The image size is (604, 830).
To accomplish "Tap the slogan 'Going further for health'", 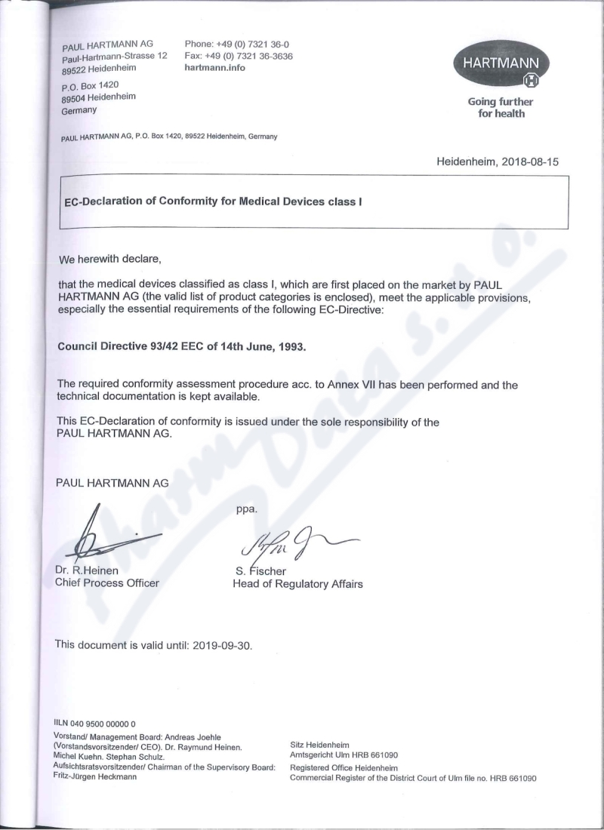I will click(500, 108).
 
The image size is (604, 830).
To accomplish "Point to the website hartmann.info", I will click(214, 68).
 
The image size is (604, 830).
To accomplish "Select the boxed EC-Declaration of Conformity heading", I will click(215, 201).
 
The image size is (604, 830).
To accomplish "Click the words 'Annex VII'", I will click(348, 385).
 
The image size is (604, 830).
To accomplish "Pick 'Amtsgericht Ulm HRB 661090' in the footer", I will click(344, 755).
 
